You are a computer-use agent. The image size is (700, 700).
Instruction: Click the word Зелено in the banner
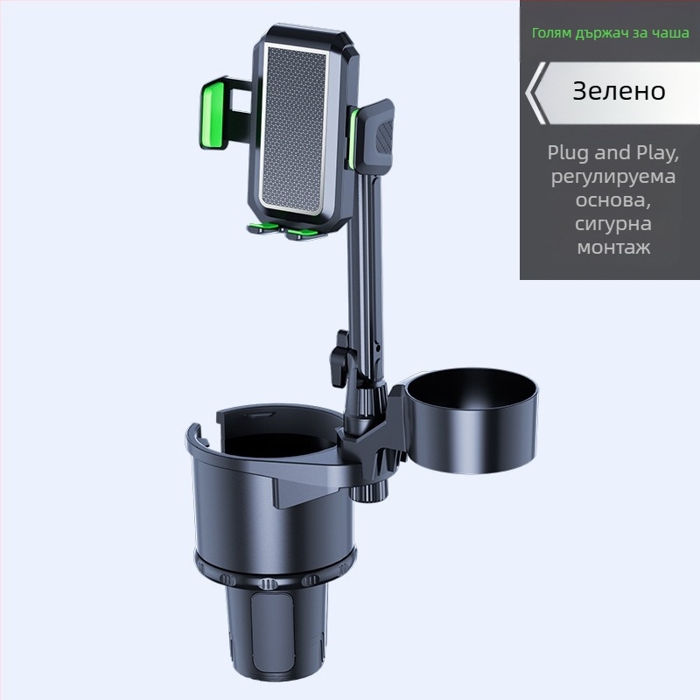(x=619, y=91)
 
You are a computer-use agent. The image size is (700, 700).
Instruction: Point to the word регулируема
(x=613, y=177)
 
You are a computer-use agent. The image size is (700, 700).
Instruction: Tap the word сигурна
(x=613, y=224)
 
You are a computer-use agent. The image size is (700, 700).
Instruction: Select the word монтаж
(x=613, y=247)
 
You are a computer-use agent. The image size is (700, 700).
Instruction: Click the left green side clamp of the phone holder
(x=213, y=114)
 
